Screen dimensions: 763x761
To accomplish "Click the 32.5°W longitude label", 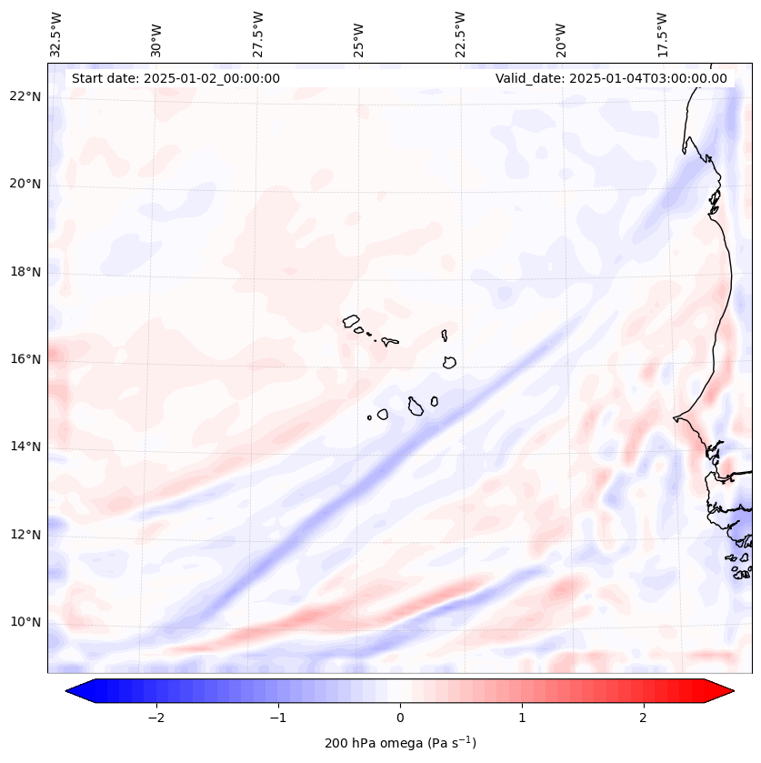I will pos(56,35).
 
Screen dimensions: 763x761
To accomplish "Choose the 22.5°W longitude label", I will pos(460,35).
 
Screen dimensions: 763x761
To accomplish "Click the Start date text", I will pos(175,78).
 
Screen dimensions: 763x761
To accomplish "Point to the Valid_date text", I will pos(611,78).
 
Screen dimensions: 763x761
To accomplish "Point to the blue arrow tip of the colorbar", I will pos(74,691).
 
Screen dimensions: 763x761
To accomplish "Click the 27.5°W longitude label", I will pos(258,35).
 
